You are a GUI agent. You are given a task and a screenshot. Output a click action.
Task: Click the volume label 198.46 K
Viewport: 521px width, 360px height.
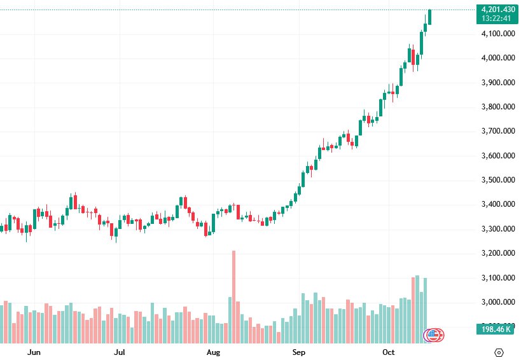pyautogui.click(x=497, y=329)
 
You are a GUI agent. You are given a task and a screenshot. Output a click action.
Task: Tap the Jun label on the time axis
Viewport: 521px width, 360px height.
pyautogui.click(x=35, y=352)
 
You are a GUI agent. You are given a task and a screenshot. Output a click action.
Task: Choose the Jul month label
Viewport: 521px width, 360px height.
pyautogui.click(x=120, y=352)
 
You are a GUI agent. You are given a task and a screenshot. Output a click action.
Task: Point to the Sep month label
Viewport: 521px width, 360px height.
pyautogui.click(x=299, y=352)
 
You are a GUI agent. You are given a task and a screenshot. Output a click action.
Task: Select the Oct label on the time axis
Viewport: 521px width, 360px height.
pyautogui.click(x=389, y=352)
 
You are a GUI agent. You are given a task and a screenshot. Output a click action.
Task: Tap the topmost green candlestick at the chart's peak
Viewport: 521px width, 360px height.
pyautogui.click(x=430, y=17)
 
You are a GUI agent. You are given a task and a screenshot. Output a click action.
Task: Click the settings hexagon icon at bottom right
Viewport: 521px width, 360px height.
pyautogui.click(x=499, y=352)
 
